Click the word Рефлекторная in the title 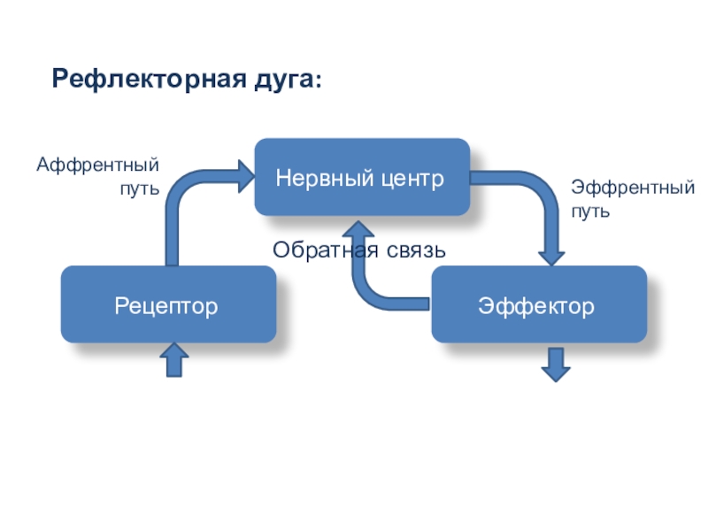tap(150, 80)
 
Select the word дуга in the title tap(284, 81)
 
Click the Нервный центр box tap(362, 177)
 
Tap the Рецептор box tap(168, 304)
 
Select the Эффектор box tap(539, 304)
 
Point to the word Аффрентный tap(97, 165)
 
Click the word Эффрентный tap(633, 188)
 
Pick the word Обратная tap(326, 250)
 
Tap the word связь tap(416, 250)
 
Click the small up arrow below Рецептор tap(174, 359)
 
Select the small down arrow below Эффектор tap(556, 365)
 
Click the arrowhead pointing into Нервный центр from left tap(247, 176)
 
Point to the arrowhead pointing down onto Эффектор tap(551, 258)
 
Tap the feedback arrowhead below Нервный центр tap(358, 229)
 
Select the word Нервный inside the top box tap(325, 178)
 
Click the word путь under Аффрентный tap(140, 189)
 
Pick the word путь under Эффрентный tap(590, 212)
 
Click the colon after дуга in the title tap(319, 81)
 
